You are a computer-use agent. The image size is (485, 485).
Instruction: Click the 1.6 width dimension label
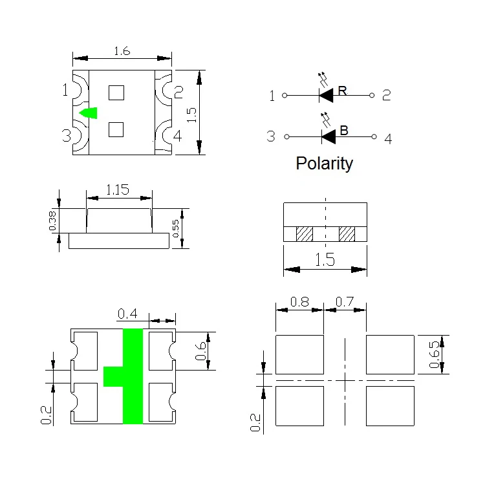point(122,51)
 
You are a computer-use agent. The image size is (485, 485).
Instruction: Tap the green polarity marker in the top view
point(89,113)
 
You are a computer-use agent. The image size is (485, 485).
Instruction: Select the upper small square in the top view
point(116,92)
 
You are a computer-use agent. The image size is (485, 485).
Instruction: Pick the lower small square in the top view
point(116,129)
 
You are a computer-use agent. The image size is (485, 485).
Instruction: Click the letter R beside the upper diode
point(342,91)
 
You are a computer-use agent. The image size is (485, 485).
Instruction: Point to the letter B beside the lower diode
point(344,130)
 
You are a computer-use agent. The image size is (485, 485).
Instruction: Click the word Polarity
point(324,164)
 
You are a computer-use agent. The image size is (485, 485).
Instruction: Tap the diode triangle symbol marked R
point(327,95)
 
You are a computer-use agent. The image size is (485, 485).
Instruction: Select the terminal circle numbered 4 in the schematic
point(374,136)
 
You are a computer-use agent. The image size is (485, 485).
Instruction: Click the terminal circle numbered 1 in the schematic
point(285,95)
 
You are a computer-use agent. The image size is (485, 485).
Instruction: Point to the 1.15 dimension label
point(118,189)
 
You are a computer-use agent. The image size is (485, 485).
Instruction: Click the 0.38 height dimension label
point(52,221)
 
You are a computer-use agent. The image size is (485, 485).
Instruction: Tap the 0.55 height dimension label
point(175,228)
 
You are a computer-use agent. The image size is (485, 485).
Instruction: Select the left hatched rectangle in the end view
point(305,234)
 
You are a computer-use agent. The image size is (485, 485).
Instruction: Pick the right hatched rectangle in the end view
point(347,234)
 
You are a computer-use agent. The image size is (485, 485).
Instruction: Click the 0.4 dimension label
point(127,314)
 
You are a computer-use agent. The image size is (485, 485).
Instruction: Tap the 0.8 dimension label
point(299,301)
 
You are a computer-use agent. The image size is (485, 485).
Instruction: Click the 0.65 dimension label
point(434,354)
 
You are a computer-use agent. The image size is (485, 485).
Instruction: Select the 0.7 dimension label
point(345,301)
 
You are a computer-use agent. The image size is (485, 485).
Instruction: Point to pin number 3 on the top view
point(66,136)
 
